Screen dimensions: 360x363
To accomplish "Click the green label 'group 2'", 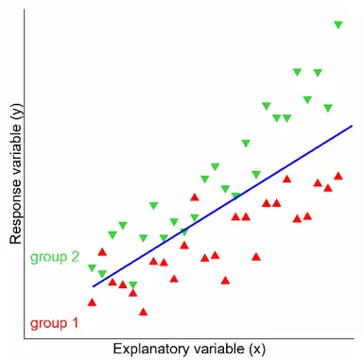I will coord(54,256).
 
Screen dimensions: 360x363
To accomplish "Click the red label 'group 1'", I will coord(54,322).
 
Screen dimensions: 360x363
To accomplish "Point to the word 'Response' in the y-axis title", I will coord(16,207).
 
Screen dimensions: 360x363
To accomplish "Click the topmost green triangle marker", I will coord(337,26).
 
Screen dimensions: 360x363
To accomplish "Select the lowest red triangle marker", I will coord(143,311).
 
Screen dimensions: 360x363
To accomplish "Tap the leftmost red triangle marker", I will coord(92,301).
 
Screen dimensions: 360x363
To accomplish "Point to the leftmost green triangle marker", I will coord(92,268).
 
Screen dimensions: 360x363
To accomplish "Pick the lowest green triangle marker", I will coord(132,284).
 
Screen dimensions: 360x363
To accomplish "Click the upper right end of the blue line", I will coord(352,126).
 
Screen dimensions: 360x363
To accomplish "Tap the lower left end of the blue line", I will coord(92,285).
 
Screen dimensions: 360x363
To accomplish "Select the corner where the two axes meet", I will coord(26,334).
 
